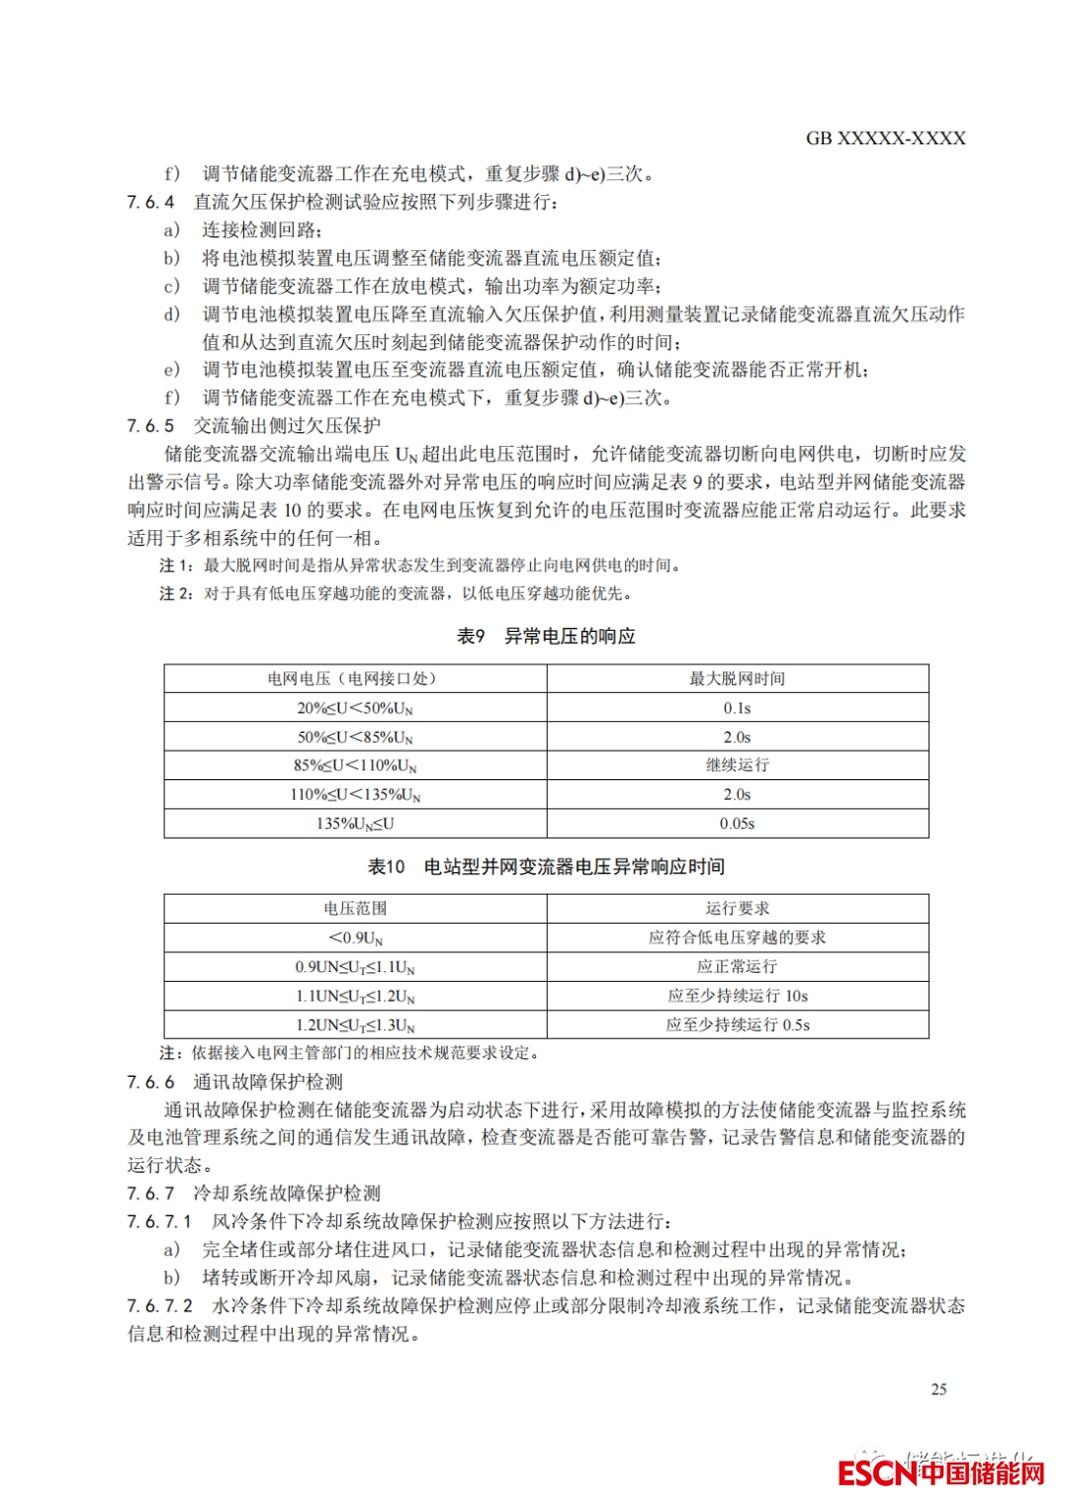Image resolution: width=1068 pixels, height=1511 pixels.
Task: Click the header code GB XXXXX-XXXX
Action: point(885,138)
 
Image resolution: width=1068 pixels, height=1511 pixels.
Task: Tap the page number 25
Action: point(938,1389)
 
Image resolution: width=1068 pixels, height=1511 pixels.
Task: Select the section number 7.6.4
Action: point(150,202)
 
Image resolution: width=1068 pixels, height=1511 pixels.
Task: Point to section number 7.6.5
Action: point(150,426)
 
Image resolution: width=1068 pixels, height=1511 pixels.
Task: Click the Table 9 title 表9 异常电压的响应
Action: point(546,636)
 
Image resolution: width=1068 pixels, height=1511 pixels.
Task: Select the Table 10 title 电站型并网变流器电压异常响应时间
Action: point(574,867)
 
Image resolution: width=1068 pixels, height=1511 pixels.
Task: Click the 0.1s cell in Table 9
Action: point(737,708)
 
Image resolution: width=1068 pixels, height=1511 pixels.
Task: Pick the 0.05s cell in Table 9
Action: point(737,824)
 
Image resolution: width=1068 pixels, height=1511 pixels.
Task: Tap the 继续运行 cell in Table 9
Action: point(737,765)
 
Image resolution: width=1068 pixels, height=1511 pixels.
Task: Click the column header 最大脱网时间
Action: point(737,678)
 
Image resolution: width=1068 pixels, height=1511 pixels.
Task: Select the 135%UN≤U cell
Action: point(355,824)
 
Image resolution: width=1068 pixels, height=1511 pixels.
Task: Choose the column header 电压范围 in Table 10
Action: point(355,909)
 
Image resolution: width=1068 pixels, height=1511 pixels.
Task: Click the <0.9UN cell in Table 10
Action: point(355,937)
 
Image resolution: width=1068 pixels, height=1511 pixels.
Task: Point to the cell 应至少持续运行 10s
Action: point(737,996)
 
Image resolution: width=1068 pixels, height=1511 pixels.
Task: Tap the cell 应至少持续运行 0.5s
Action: point(737,1025)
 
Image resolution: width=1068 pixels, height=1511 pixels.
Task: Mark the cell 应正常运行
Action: point(737,966)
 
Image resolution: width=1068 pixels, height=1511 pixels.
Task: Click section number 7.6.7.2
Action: point(160,1306)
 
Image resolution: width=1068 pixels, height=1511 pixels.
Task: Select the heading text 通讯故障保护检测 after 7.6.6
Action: point(268,1082)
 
